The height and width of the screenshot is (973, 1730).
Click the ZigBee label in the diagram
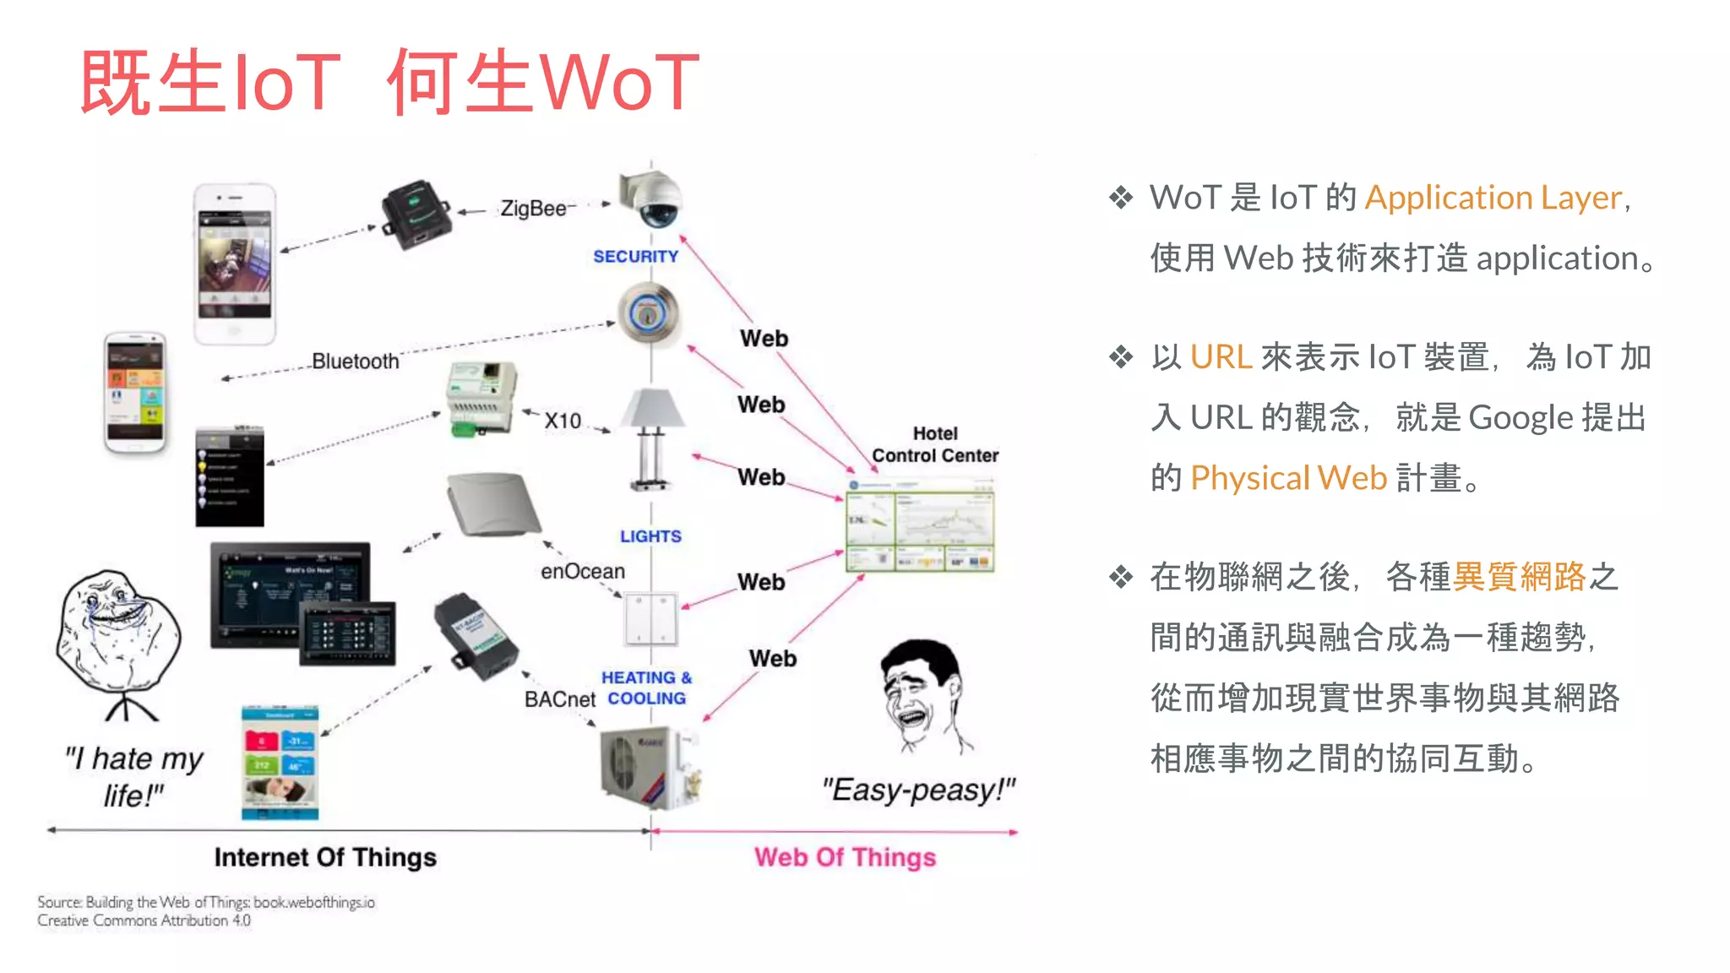tap(533, 208)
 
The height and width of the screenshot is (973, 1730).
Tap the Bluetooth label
tap(355, 361)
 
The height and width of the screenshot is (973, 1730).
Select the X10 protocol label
tap(563, 421)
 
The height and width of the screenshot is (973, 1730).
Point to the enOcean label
tap(583, 572)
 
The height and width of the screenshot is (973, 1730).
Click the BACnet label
tap(559, 699)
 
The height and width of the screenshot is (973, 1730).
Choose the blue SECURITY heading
tap(635, 256)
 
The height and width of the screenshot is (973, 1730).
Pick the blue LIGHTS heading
tap(650, 536)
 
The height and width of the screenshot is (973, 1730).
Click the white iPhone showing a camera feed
tap(235, 264)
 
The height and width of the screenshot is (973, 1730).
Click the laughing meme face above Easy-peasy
tap(922, 694)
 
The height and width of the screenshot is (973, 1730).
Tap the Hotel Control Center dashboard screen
tap(920, 526)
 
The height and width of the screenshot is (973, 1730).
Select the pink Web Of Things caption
tap(845, 857)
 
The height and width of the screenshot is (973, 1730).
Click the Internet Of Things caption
tap(325, 857)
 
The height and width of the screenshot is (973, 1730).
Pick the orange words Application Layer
tap(1493, 198)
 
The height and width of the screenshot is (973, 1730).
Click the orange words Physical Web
tap(1288, 478)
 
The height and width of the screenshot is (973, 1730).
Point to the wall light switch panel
tap(650, 619)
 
